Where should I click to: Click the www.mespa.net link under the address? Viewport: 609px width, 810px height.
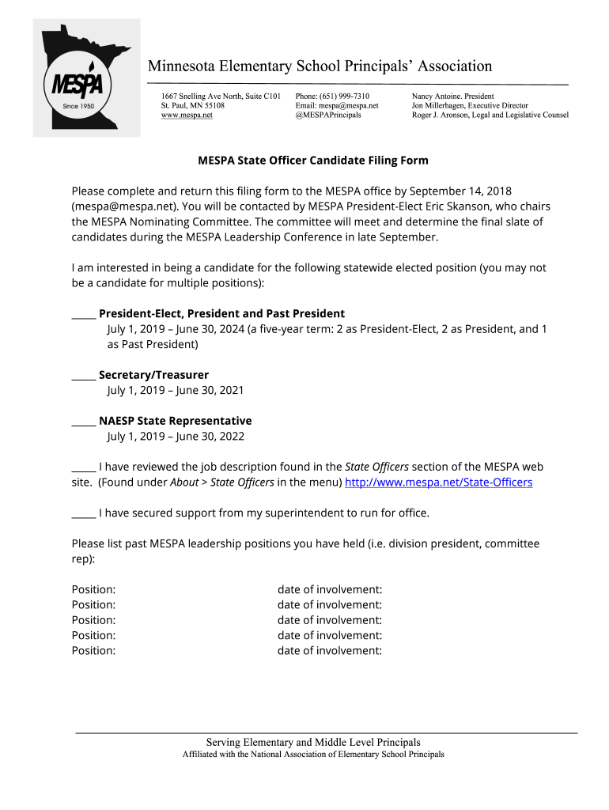click(187, 115)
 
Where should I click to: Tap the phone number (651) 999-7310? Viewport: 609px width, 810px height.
click(344, 96)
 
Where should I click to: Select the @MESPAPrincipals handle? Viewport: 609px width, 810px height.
click(328, 115)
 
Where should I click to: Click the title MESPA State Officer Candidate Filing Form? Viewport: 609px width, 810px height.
click(312, 161)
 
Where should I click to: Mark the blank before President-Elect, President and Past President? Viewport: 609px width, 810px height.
click(84, 314)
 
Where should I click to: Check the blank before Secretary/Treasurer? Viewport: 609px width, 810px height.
click(84, 375)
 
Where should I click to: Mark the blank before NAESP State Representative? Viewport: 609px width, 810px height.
click(84, 421)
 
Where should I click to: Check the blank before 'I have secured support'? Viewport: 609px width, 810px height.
click(84, 513)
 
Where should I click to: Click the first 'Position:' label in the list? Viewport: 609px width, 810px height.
click(93, 590)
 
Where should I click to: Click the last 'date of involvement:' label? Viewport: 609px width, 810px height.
click(330, 651)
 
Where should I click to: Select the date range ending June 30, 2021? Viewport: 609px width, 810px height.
click(176, 391)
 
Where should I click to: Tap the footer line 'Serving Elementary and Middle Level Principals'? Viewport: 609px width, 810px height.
click(313, 743)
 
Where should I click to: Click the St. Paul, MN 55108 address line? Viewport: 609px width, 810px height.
click(192, 105)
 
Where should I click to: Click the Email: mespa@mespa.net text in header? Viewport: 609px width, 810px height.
click(337, 105)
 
